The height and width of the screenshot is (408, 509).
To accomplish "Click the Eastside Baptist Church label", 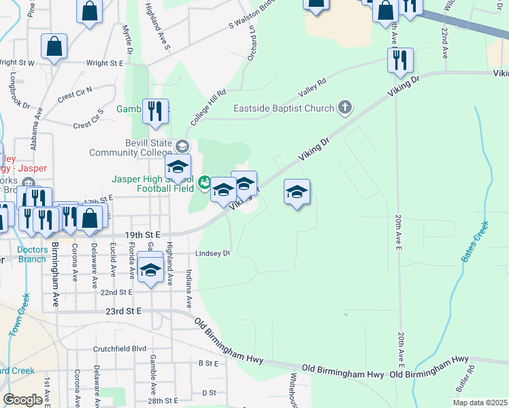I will click(x=284, y=108).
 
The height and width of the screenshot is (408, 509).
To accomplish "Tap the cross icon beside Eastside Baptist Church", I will click(x=346, y=107).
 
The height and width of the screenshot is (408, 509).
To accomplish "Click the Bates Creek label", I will click(x=475, y=241).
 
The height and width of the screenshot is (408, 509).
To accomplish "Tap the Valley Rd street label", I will click(x=313, y=88).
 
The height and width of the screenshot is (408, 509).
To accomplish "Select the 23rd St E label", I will click(x=123, y=310).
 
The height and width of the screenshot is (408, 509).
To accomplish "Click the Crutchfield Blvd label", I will click(x=120, y=348).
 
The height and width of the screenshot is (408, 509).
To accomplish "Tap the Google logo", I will click(x=23, y=400).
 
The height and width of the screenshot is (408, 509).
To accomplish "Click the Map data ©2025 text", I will click(x=479, y=403).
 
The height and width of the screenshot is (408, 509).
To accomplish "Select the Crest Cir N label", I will click(x=75, y=95).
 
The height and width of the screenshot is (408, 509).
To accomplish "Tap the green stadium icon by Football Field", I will click(x=203, y=182).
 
